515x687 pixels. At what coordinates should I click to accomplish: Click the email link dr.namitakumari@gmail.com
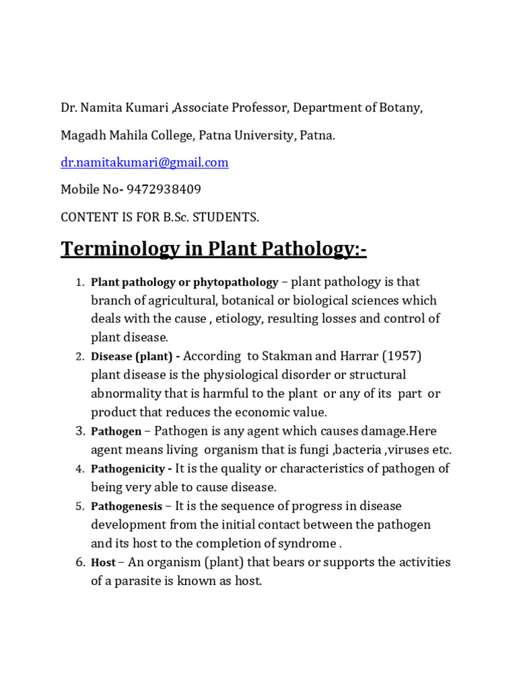click(145, 162)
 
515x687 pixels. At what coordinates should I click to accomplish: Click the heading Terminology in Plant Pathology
click(214, 249)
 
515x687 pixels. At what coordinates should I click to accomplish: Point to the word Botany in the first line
click(402, 108)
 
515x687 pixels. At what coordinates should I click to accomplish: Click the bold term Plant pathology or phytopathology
click(184, 282)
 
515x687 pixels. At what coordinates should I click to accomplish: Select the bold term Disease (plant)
click(135, 356)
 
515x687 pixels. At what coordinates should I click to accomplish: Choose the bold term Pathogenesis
click(127, 507)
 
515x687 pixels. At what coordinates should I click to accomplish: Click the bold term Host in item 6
click(103, 563)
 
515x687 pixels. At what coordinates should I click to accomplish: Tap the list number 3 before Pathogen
click(77, 431)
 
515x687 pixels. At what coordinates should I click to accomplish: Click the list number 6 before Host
click(77, 562)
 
